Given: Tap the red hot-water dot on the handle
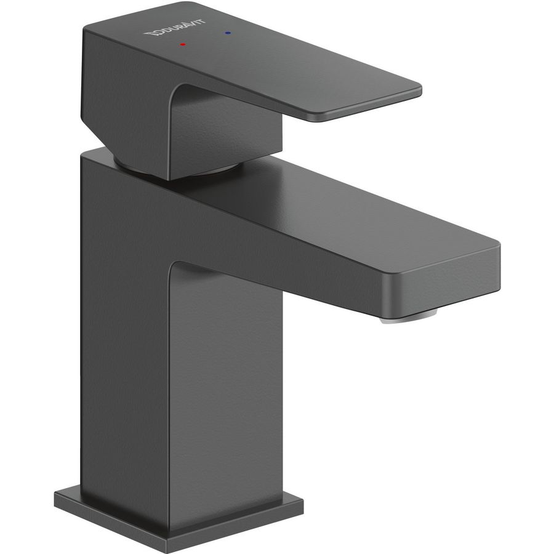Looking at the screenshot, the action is tap(182, 44).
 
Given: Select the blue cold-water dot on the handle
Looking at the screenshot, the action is tap(228, 33).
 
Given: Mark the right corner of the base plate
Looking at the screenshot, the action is tap(302, 502).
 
